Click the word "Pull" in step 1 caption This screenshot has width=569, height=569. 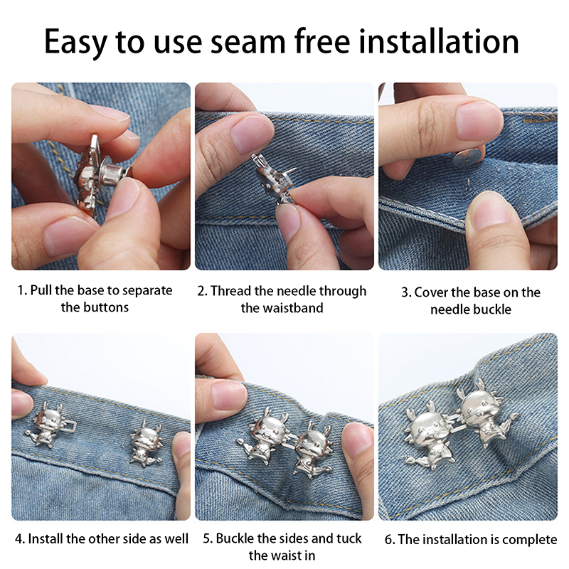coord(41,290)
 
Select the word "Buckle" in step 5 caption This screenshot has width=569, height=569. coord(235,538)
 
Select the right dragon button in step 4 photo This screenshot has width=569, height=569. coord(146,444)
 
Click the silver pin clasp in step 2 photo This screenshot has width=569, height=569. coord(273,178)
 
